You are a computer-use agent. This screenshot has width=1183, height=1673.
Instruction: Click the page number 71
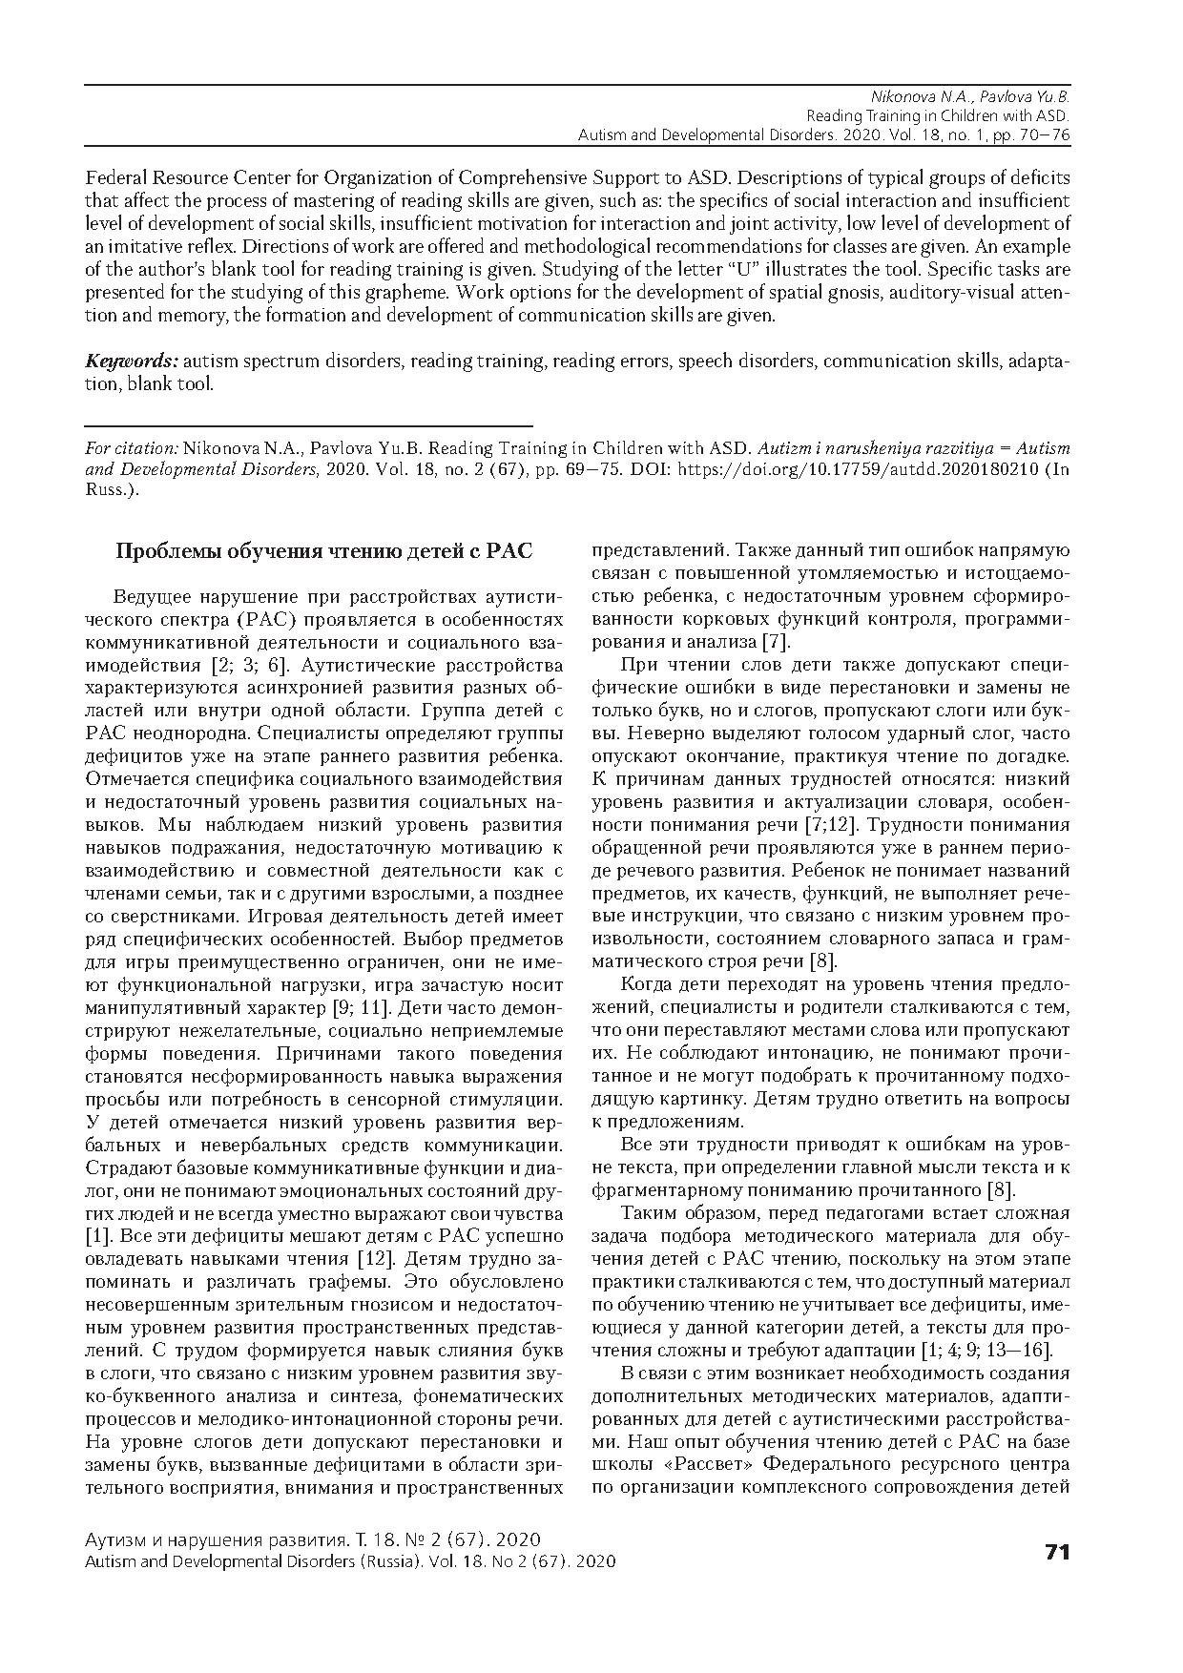1057,1552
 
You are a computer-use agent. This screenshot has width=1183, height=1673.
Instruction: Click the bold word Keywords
131,361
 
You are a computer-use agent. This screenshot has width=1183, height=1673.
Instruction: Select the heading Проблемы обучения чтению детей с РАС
323,552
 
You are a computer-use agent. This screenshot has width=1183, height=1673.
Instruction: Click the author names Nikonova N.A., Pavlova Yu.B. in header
970,97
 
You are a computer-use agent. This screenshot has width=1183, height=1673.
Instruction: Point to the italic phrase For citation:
132,447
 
